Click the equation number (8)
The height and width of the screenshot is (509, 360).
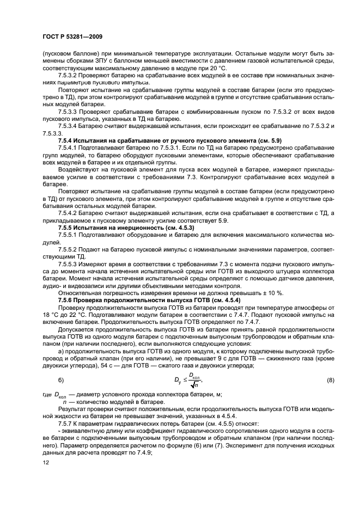330,380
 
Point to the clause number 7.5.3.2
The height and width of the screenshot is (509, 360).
70,75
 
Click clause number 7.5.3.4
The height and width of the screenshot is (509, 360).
70,127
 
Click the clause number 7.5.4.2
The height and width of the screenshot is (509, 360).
70,213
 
